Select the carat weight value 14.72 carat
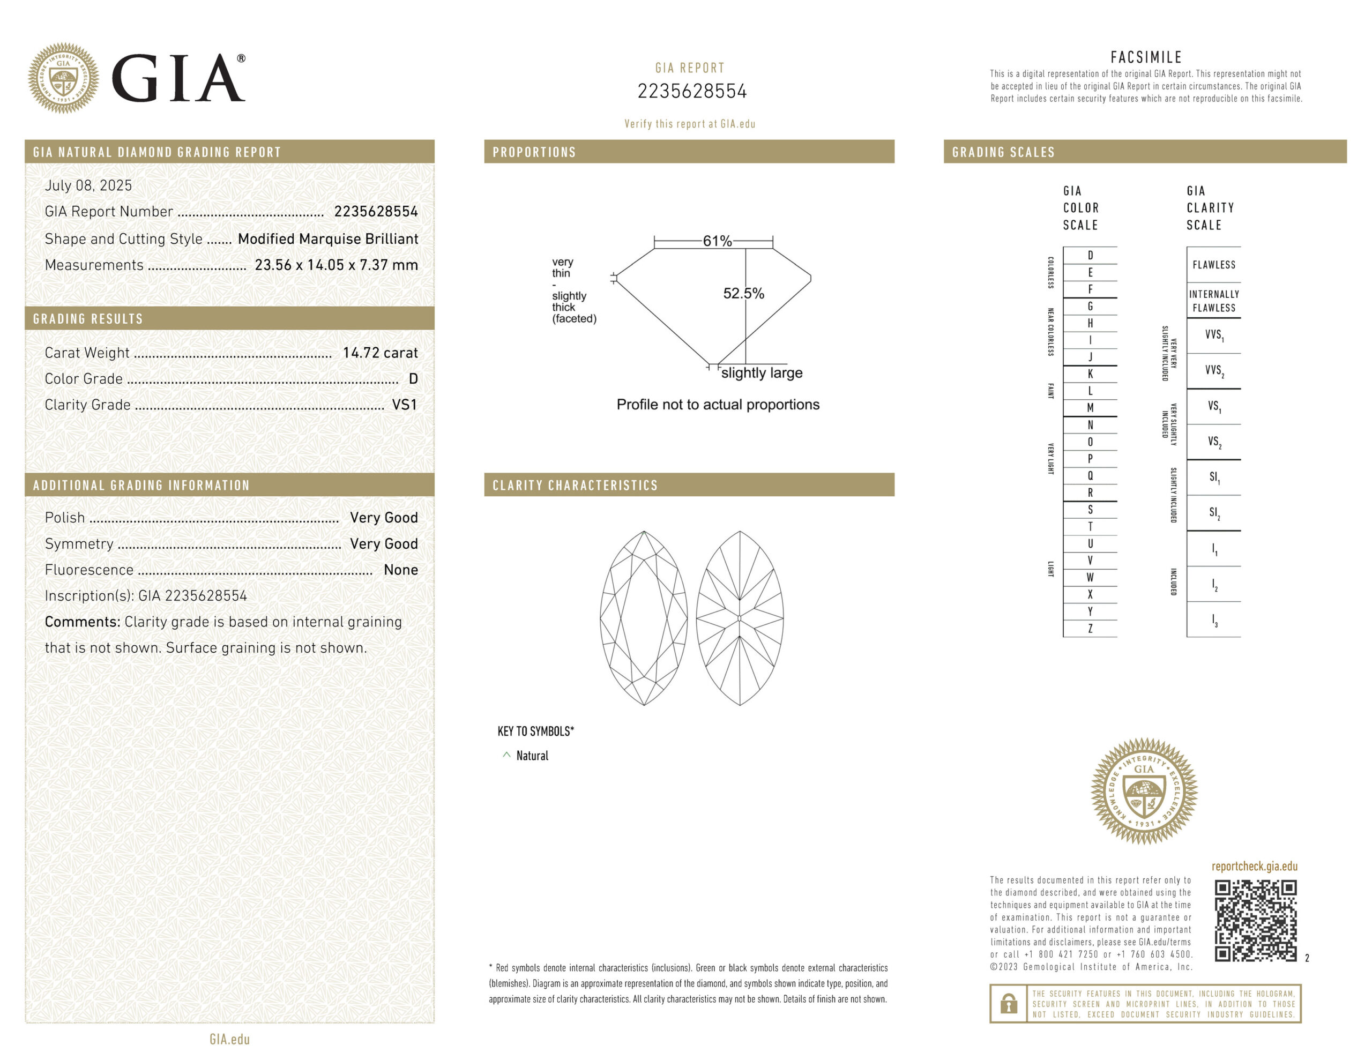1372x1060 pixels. pyautogui.click(x=380, y=353)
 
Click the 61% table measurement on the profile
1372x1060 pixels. pyautogui.click(x=717, y=241)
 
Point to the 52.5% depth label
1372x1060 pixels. pyautogui.click(x=743, y=294)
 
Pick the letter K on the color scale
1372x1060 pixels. pyautogui.click(x=1090, y=374)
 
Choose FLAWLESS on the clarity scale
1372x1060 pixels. pyautogui.click(x=1214, y=265)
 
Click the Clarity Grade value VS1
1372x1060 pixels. pyautogui.click(x=404, y=405)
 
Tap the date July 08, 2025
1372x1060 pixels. pyautogui.click(x=88, y=185)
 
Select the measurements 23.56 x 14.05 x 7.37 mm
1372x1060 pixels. pyautogui.click(x=336, y=265)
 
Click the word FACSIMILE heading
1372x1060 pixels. pyautogui.click(x=1146, y=58)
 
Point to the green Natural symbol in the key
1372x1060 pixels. pyautogui.click(x=506, y=755)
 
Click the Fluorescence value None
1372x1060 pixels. pyautogui.click(x=401, y=570)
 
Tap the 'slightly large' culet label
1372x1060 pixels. pyautogui.click(x=762, y=373)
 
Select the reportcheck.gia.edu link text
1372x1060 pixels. pyautogui.click(x=1254, y=867)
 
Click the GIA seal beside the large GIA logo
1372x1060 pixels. pyautogui.click(x=63, y=78)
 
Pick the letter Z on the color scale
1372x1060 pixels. pyautogui.click(x=1090, y=628)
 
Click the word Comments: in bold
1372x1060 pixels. pyautogui.click(x=83, y=622)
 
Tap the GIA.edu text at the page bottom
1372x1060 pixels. pyautogui.click(x=229, y=1039)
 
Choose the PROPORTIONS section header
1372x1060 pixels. pyautogui.click(x=534, y=152)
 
